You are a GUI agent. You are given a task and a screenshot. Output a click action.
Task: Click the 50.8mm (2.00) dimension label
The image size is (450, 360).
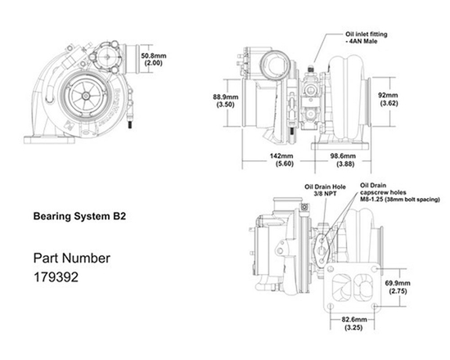coord(152,55)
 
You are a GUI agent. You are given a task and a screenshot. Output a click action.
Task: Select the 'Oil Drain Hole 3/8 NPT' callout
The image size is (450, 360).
coord(320,191)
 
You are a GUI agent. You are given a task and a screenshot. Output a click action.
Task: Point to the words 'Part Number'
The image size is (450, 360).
coord(71,258)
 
